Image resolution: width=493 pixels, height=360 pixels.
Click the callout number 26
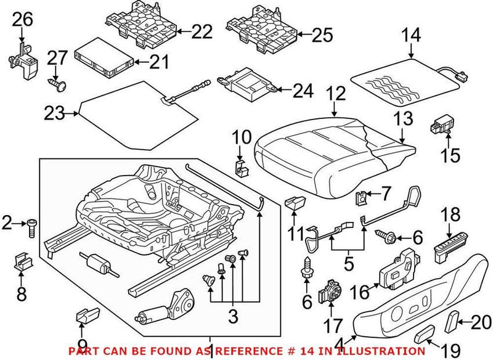(x=22, y=20)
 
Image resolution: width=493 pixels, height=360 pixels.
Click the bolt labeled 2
(x=30, y=225)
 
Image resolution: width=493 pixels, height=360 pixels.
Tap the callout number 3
(x=231, y=318)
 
